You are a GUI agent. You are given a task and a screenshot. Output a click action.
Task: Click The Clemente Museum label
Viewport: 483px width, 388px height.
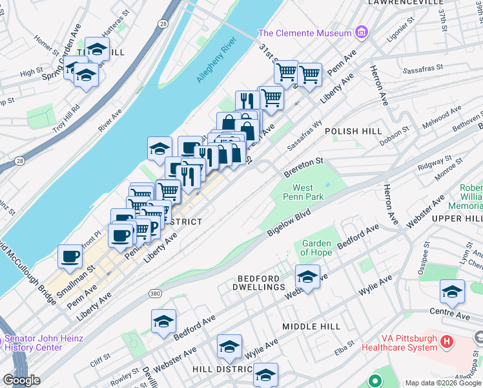coord(305,33)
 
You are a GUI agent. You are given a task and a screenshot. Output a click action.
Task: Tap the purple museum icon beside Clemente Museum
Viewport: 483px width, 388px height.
coord(361,32)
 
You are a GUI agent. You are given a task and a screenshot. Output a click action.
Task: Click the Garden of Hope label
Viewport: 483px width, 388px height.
coord(316,248)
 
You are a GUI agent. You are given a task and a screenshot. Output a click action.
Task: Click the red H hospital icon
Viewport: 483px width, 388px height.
coord(446,341)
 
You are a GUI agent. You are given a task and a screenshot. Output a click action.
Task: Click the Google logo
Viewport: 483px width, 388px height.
coord(21,380)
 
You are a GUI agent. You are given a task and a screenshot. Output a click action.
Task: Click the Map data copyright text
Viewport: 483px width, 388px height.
coord(443,383)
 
